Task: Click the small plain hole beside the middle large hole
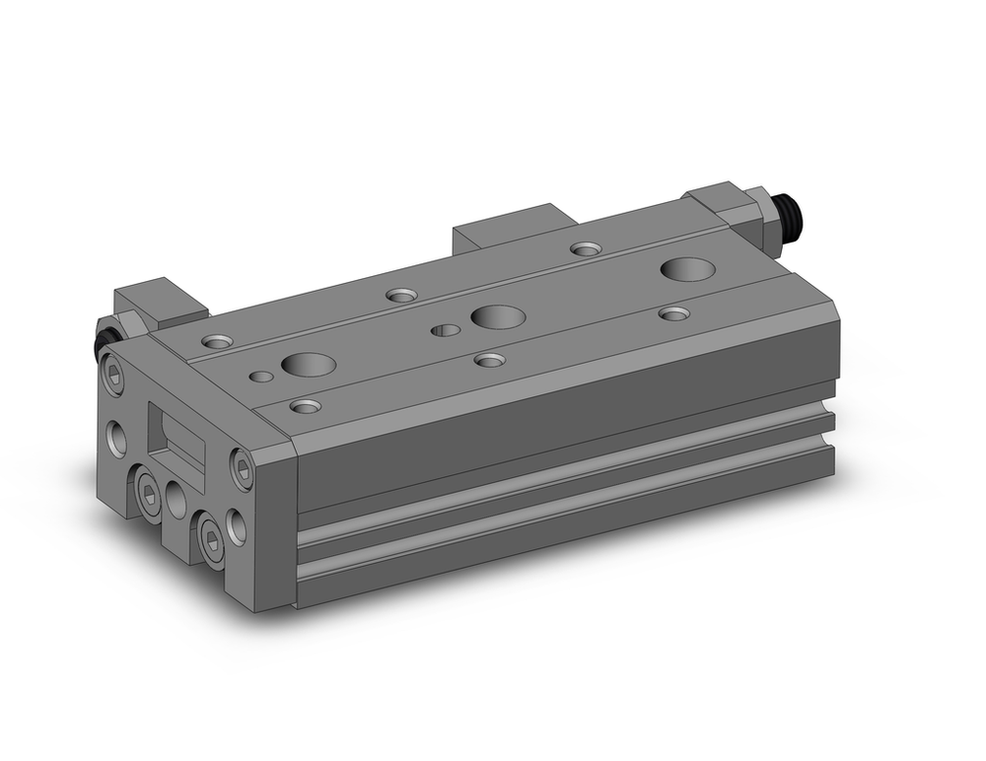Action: click(446, 330)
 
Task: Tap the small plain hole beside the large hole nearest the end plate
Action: click(260, 377)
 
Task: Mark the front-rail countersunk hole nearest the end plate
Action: click(306, 406)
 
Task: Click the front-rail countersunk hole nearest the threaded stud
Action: click(674, 313)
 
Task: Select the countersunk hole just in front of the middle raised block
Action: click(587, 249)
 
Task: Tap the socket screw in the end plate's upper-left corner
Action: click(113, 375)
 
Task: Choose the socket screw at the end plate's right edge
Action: click(241, 467)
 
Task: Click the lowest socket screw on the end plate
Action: click(211, 536)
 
